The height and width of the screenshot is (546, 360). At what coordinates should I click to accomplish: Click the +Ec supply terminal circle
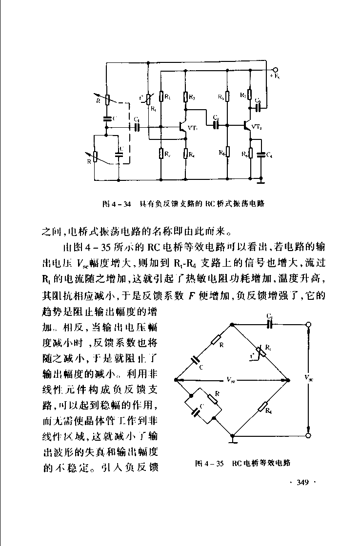tap(276, 70)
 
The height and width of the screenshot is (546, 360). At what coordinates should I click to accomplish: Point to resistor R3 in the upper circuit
tap(185, 97)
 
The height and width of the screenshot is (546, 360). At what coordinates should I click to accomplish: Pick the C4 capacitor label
tap(269, 155)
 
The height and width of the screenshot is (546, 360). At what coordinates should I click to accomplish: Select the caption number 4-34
tap(122, 203)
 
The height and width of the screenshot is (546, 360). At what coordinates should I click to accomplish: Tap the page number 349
tap(303, 483)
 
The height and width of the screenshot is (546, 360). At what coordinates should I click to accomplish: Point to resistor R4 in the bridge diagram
tap(262, 407)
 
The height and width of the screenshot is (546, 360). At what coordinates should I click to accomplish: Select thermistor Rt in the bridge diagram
tap(261, 351)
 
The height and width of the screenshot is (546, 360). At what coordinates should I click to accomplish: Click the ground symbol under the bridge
tap(234, 441)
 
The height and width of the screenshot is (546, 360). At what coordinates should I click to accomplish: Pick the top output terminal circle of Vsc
tap(308, 325)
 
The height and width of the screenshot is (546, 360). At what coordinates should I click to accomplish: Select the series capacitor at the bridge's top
tap(269, 325)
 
